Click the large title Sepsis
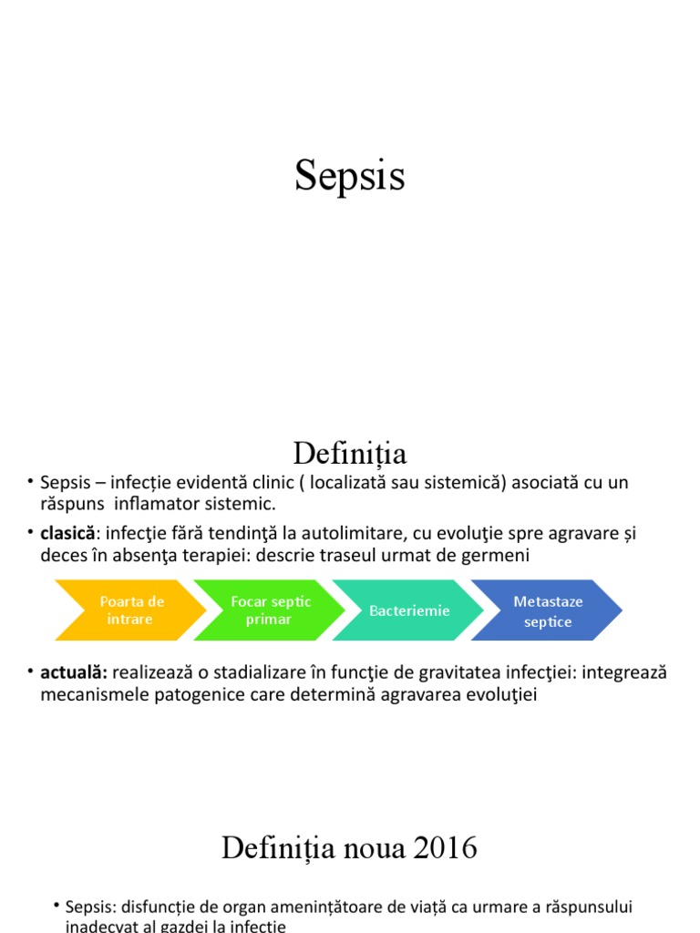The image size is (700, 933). point(349,175)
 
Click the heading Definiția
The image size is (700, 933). point(349,453)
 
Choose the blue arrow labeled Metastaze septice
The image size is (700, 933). point(548,610)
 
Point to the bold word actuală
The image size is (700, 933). point(74,673)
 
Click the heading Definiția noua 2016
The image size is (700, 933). point(349,848)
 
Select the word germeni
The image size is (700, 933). point(499,555)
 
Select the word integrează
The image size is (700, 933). point(625,673)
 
